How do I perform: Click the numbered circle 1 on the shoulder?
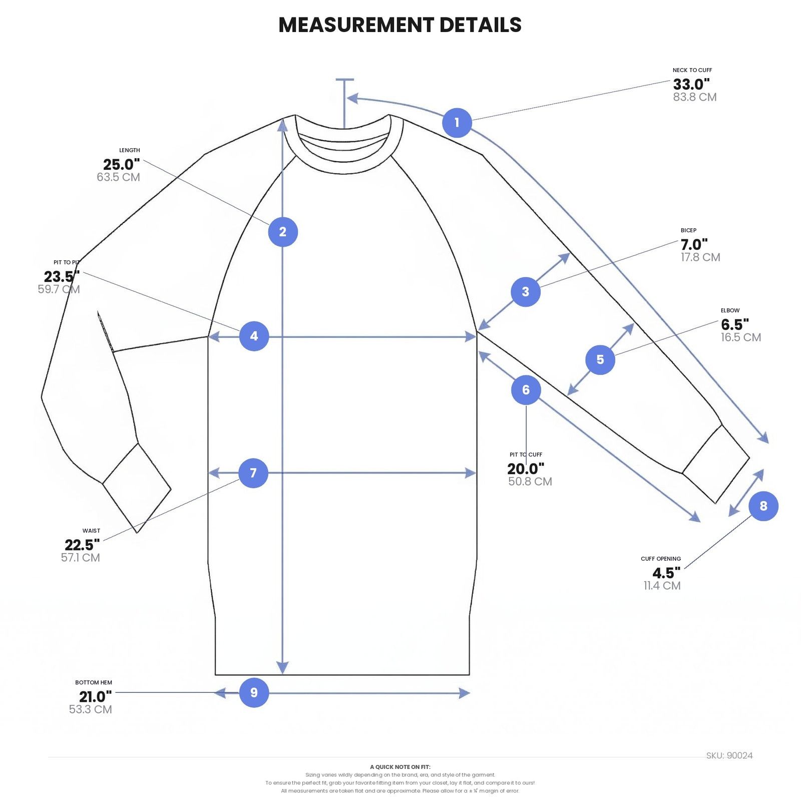click(457, 123)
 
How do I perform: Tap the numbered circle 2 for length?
click(283, 232)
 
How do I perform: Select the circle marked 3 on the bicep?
click(526, 291)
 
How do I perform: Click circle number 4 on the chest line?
click(254, 336)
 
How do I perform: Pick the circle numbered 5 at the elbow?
click(600, 359)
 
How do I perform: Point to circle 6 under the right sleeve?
click(526, 390)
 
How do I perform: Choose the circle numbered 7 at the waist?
click(253, 473)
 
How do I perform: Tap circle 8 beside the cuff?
click(763, 506)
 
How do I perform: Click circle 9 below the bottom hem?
click(254, 692)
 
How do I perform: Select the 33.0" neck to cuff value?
click(691, 84)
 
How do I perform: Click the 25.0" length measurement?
click(122, 164)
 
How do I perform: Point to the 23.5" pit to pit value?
click(62, 276)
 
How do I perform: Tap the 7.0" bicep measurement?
click(694, 244)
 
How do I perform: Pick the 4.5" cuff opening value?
click(666, 573)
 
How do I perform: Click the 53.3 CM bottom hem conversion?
click(91, 709)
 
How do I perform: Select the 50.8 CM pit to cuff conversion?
click(530, 482)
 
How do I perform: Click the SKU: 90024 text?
click(729, 755)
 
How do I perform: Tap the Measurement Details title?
click(400, 25)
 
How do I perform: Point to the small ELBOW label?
click(730, 310)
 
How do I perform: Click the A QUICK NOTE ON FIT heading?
click(400, 767)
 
